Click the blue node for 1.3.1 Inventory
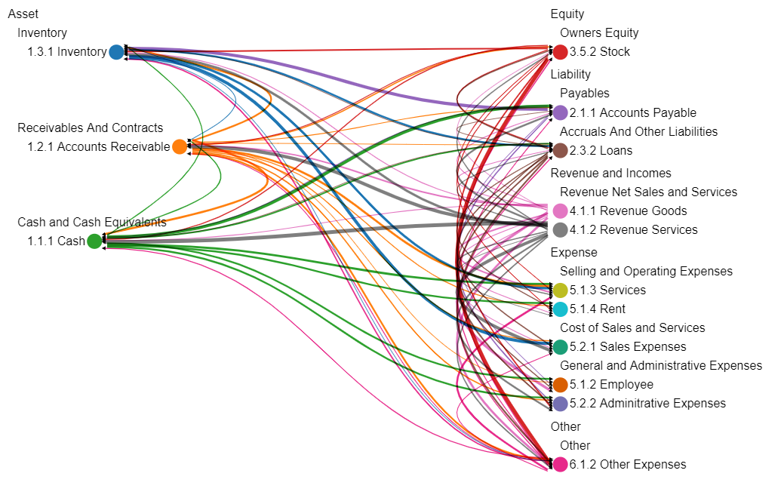point(115,51)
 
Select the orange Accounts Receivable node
point(180,146)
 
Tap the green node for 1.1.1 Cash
point(94,241)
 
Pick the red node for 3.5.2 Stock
point(561,52)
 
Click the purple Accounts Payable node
point(561,112)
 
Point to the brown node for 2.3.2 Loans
point(561,150)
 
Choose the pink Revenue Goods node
point(561,211)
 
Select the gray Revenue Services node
point(561,229)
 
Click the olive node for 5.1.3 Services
point(561,290)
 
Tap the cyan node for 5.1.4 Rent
point(561,309)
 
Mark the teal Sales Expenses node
point(561,346)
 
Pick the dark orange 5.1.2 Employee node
point(561,384)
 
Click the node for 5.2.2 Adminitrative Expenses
point(561,403)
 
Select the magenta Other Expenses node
point(561,464)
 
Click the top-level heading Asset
point(23,14)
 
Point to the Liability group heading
point(570,74)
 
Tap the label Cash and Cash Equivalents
point(91,222)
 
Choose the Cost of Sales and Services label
point(632,327)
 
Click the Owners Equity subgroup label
point(599,32)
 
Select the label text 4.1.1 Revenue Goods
point(629,211)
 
